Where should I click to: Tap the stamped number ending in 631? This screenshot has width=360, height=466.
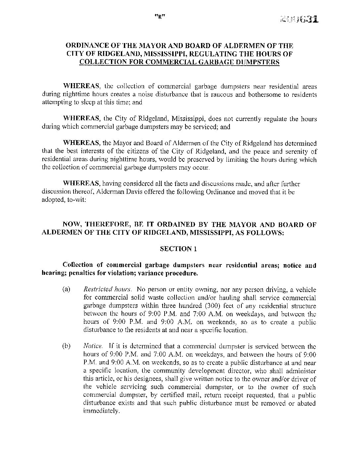click(299, 19)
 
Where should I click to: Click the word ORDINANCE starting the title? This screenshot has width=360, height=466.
click(85, 45)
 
